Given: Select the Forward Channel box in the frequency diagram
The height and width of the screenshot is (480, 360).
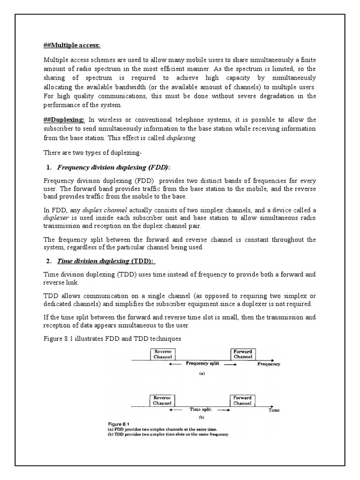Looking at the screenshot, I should (243, 354).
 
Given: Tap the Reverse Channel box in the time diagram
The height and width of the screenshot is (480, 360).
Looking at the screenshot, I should (162, 400).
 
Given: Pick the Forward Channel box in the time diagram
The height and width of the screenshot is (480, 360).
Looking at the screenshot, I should (243, 400).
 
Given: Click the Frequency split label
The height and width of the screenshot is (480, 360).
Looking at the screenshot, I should (202, 363).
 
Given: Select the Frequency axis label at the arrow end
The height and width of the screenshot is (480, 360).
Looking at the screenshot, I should (269, 364).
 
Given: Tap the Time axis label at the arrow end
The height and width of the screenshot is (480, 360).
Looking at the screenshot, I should (274, 410).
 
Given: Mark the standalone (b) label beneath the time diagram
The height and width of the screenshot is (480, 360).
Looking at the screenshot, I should (202, 416).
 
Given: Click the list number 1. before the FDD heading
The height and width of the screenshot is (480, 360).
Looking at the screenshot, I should (49, 168).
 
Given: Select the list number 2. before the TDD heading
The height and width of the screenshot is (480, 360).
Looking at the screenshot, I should (49, 261).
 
